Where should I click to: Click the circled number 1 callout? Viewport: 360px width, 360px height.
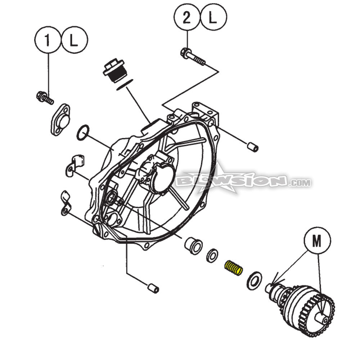pyautogui.click(x=48, y=41)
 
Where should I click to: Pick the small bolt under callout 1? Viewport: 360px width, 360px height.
pyautogui.click(x=45, y=97)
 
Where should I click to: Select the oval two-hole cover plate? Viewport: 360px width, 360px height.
pyautogui.click(x=60, y=120)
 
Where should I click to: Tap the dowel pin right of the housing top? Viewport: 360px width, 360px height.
pyautogui.click(x=253, y=147)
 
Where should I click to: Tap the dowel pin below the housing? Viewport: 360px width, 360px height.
pyautogui.click(x=153, y=288)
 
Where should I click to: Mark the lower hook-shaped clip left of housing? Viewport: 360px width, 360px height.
pyautogui.click(x=65, y=204)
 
